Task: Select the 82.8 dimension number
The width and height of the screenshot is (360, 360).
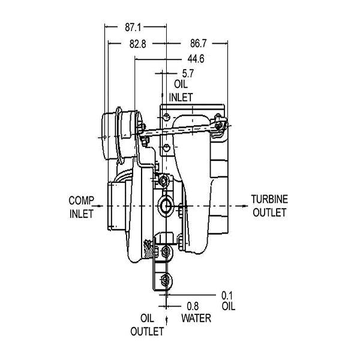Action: coord(137,44)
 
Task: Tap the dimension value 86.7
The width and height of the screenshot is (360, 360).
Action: coord(199,43)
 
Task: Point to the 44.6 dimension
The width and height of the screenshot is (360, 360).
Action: coord(196,59)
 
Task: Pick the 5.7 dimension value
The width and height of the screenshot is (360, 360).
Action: coord(188,73)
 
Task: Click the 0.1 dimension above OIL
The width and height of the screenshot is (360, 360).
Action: coord(227,296)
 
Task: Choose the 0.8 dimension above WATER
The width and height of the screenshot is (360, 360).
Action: coord(193,306)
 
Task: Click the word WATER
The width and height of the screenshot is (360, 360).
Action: coord(196,318)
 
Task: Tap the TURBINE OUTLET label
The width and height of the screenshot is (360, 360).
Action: coord(269,206)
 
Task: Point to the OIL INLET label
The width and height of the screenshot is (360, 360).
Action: coord(181,91)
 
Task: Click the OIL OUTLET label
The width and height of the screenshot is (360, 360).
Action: coord(147,325)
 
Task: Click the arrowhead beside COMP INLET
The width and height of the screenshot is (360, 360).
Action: coord(100,206)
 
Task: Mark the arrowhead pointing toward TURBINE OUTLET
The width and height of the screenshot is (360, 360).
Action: coord(244,206)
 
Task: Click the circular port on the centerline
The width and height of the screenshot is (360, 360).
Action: coord(166,206)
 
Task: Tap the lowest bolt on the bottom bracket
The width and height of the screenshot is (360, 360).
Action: coord(166,280)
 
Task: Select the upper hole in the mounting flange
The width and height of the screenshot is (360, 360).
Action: coord(166,117)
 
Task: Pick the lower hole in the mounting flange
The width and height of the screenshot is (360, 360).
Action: coord(166,148)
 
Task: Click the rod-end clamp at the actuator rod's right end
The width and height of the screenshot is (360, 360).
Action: coord(220,124)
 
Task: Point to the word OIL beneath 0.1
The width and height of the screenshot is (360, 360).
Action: coord(229,306)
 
